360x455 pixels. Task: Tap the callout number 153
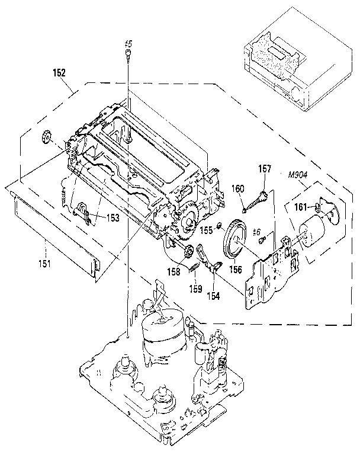coord(112,217)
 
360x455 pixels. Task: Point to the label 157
coord(264,169)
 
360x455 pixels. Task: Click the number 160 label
coord(237,188)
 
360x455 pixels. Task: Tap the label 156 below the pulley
coord(236,268)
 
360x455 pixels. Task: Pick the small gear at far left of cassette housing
coord(46,138)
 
